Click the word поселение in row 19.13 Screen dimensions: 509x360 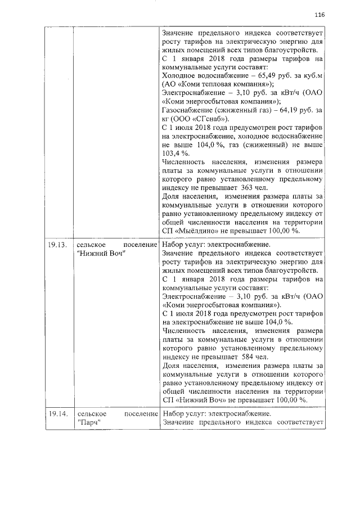[x=139, y=244]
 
